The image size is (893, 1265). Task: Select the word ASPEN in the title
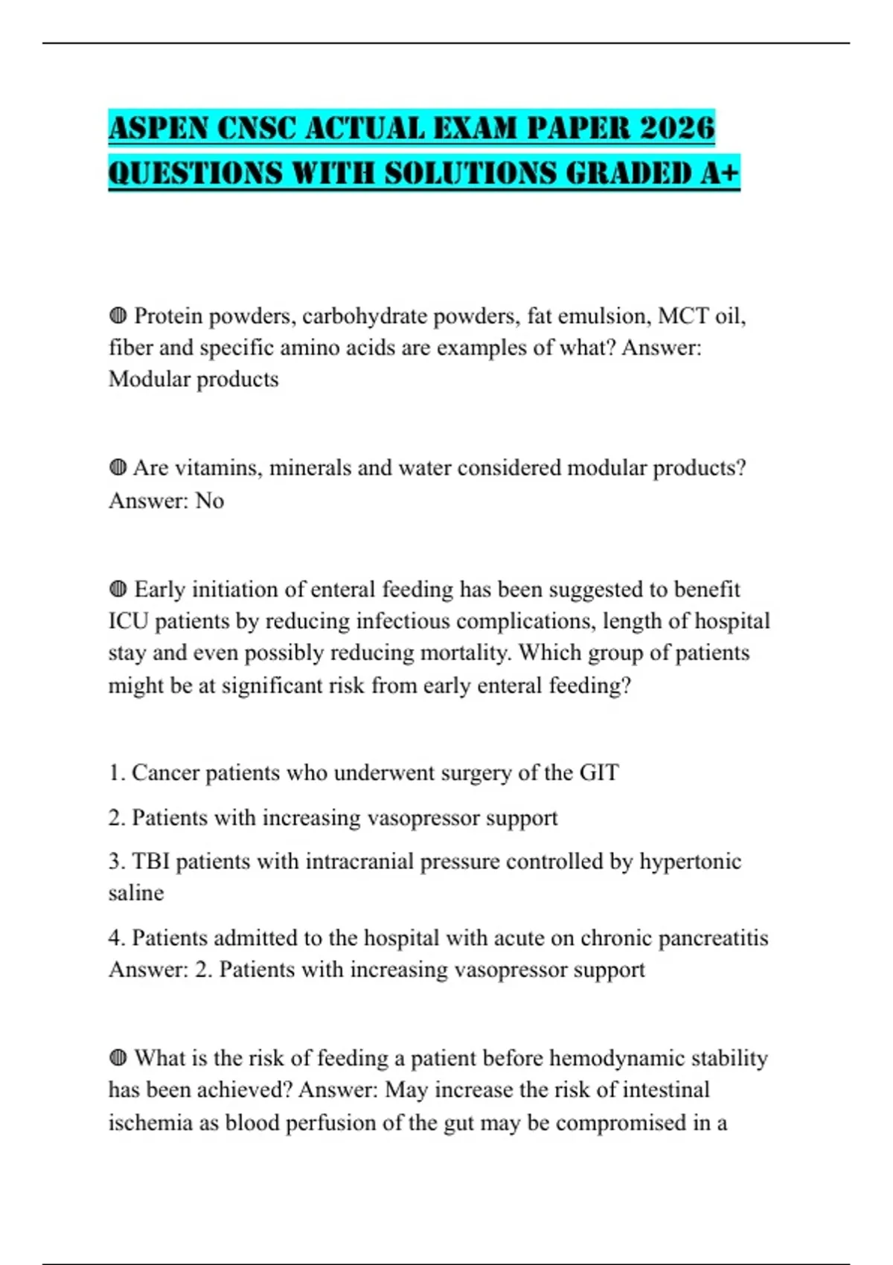(157, 128)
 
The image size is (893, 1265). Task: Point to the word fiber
(129, 348)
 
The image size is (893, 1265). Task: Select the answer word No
(209, 501)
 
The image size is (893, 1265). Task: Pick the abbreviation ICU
(129, 621)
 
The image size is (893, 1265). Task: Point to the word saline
(136, 893)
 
